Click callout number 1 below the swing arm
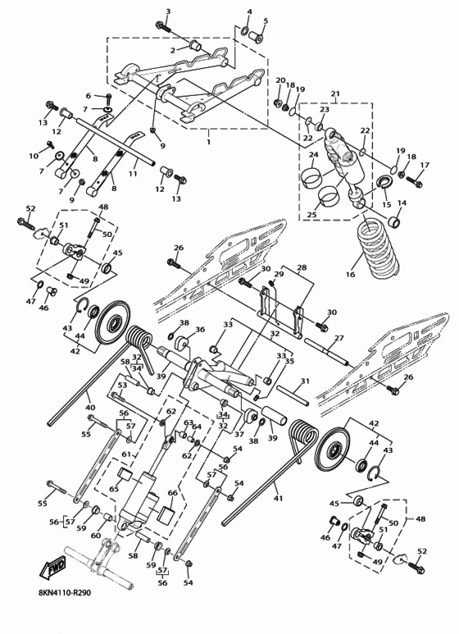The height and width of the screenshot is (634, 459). [208, 141]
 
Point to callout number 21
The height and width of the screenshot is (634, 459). [334, 94]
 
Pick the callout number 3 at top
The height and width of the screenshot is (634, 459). [168, 11]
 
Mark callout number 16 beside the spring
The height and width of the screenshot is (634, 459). [350, 276]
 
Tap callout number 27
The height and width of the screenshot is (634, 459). [338, 338]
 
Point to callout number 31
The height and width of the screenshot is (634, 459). [304, 381]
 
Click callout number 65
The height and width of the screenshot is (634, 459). [115, 489]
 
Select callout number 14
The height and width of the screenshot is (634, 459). [402, 203]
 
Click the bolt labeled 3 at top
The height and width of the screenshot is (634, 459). [163, 27]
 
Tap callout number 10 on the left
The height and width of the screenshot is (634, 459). [34, 156]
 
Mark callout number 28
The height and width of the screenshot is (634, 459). [301, 267]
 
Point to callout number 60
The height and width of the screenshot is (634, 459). [95, 536]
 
